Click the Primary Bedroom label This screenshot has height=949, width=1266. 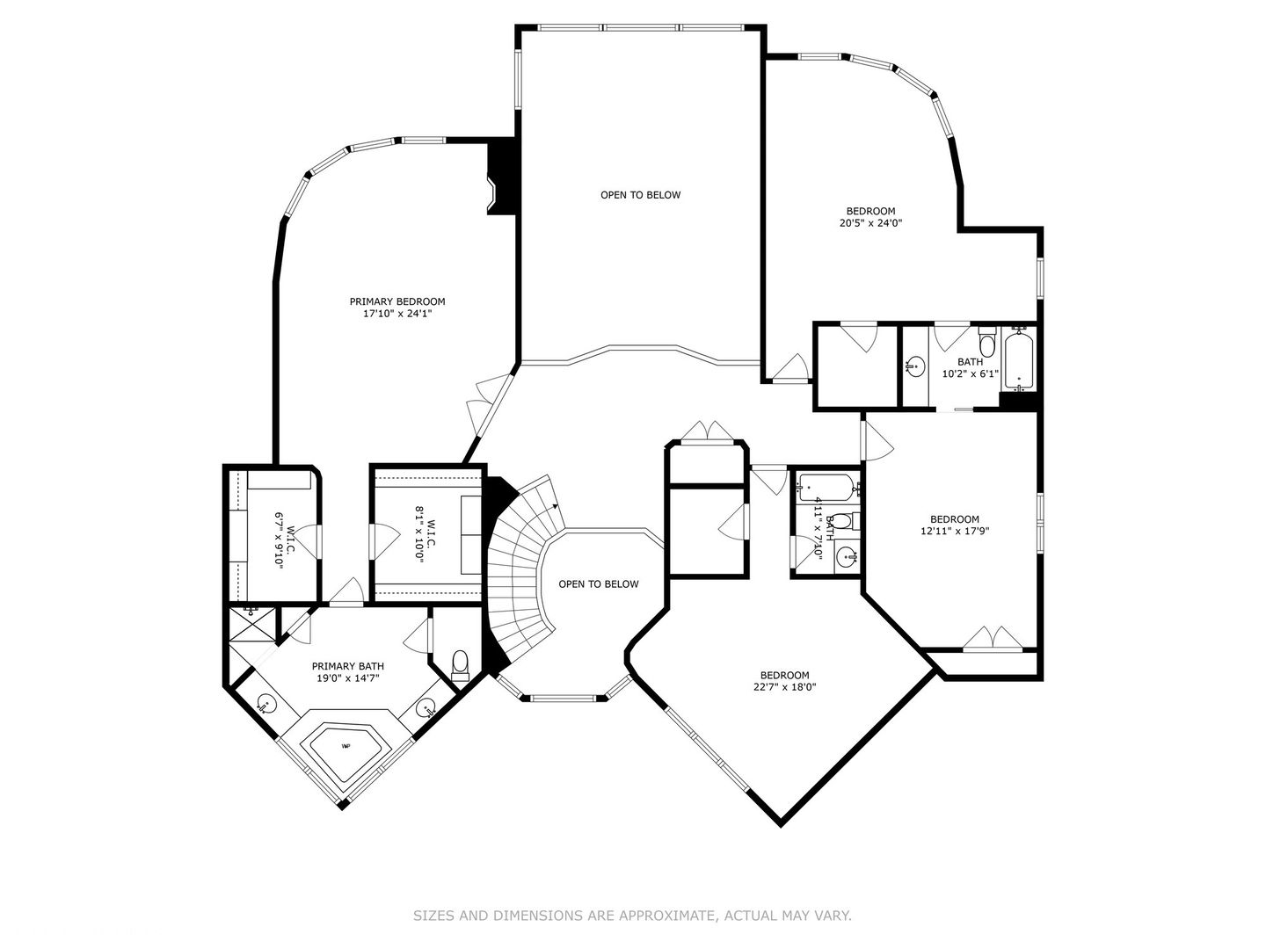pyautogui.click(x=397, y=301)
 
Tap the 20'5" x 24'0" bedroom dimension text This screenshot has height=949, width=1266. pyautogui.click(x=870, y=223)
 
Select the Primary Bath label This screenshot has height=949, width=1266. pyautogui.click(x=348, y=666)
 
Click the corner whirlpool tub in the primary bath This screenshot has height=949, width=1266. pyautogui.click(x=346, y=747)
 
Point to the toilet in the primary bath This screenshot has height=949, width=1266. pyautogui.click(x=460, y=665)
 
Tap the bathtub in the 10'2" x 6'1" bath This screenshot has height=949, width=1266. pyautogui.click(x=1020, y=359)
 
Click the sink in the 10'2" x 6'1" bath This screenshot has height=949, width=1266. pyautogui.click(x=914, y=366)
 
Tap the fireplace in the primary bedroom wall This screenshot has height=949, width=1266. pyautogui.click(x=501, y=178)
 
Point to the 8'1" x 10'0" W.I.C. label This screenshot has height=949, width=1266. pyautogui.click(x=426, y=533)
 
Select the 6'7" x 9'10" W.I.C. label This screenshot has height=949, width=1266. pyautogui.click(x=284, y=540)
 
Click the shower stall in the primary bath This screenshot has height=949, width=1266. pyautogui.click(x=252, y=623)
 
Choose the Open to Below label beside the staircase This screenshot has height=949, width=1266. pyautogui.click(x=599, y=584)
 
